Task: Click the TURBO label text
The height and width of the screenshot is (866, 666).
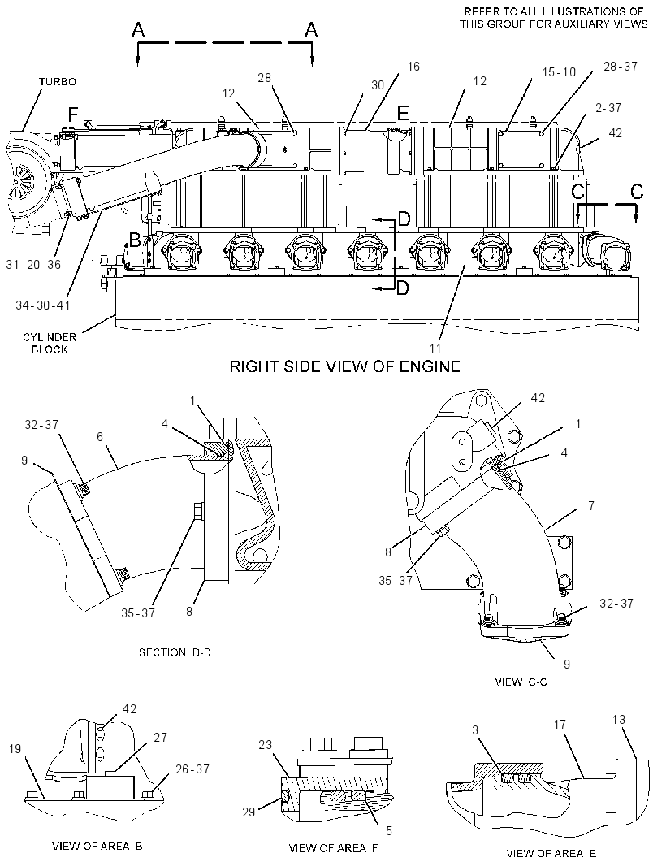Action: point(58,82)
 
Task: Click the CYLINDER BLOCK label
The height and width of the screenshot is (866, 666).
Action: point(50,343)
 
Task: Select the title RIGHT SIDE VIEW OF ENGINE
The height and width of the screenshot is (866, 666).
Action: point(344,366)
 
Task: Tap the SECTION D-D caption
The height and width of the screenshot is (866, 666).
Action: point(175,652)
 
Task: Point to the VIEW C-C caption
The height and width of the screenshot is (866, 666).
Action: point(521,682)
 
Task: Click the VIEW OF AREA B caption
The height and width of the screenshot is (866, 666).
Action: point(97,847)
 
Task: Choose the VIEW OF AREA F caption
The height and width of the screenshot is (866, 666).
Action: point(333,848)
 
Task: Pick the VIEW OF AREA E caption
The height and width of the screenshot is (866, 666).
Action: point(551,853)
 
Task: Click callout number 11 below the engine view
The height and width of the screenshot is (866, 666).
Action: point(435,348)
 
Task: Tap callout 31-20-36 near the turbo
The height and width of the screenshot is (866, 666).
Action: point(33,265)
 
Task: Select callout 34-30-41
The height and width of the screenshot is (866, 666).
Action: point(42,305)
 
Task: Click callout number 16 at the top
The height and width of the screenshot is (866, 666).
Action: point(413,67)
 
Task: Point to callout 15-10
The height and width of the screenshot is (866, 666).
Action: point(558,71)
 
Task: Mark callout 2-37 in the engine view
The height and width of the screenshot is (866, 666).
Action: point(608,108)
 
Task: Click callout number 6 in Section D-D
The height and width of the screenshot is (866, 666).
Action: point(100,436)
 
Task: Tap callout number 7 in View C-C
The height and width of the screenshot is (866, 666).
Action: point(591,505)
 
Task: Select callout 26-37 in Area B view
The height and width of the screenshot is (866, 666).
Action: point(192,769)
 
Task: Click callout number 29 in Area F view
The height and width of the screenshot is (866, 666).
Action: point(249,812)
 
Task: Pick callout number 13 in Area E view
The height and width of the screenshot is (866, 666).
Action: point(619,720)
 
